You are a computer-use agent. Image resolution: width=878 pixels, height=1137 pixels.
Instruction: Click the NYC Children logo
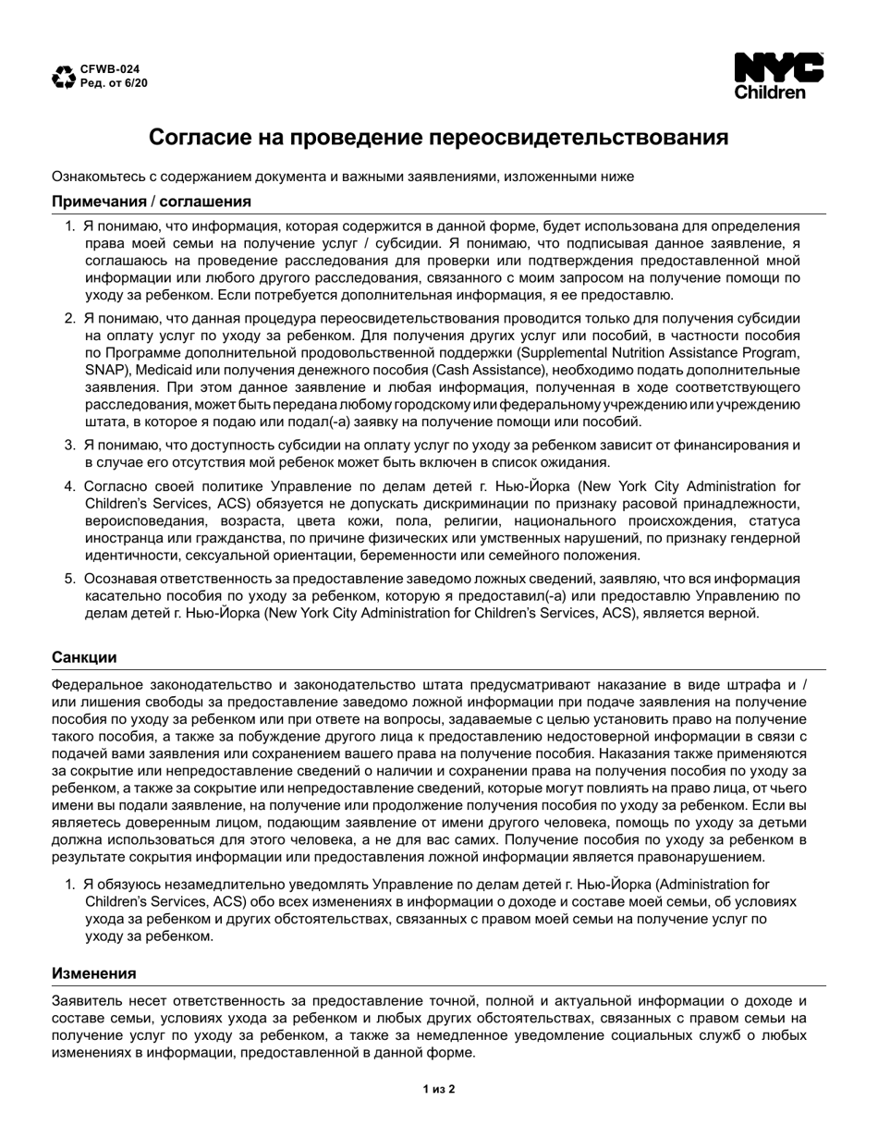click(778, 76)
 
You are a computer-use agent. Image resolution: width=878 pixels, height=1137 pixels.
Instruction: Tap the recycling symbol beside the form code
click(64, 77)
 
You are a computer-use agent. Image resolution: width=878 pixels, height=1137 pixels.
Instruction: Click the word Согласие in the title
click(197, 138)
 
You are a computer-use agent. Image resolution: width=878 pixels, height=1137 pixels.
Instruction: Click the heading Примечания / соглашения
click(152, 202)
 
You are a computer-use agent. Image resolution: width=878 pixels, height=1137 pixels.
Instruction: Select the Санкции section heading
click(84, 657)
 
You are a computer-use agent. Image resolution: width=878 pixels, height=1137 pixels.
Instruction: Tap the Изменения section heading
click(94, 973)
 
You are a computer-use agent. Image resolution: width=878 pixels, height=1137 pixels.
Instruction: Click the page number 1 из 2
click(439, 1089)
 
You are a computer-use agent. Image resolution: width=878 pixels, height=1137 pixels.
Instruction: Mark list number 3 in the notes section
click(69, 446)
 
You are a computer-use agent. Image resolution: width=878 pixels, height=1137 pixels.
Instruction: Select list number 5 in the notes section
click(69, 579)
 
